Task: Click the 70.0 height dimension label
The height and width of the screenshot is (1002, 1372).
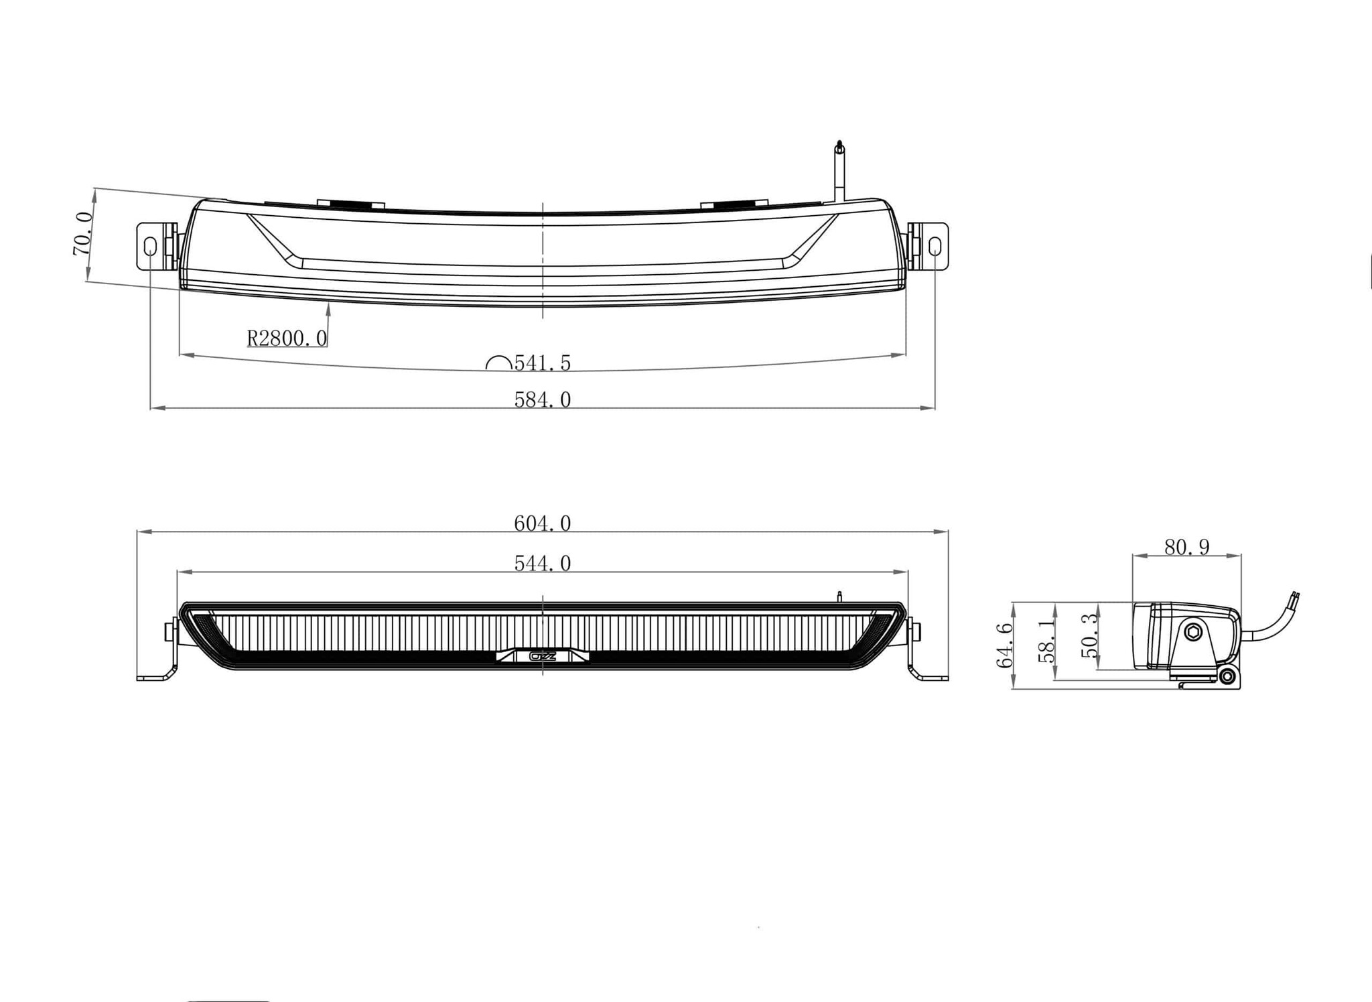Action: (x=82, y=234)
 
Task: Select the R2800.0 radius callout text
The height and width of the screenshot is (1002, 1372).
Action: (x=287, y=338)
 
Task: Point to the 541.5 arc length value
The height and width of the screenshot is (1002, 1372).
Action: (x=542, y=363)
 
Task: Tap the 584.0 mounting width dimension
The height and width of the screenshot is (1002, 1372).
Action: (x=542, y=400)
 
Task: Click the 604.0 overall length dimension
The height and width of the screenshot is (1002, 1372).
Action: (x=542, y=523)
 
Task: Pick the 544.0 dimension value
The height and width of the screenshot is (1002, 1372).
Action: (x=542, y=564)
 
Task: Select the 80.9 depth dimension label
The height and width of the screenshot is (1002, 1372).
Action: (x=1186, y=548)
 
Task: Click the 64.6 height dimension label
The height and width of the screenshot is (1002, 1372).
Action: (x=1004, y=645)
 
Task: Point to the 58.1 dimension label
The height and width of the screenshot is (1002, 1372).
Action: (x=1046, y=641)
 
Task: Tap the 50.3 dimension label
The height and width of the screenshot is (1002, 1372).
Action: (x=1090, y=635)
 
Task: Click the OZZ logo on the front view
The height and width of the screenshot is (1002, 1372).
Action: (x=542, y=656)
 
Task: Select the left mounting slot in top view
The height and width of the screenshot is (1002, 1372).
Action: (x=150, y=247)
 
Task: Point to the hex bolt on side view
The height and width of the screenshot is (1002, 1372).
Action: (x=1192, y=632)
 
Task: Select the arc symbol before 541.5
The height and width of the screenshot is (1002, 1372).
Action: (x=499, y=363)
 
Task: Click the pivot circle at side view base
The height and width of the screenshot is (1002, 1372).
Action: (x=1227, y=678)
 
